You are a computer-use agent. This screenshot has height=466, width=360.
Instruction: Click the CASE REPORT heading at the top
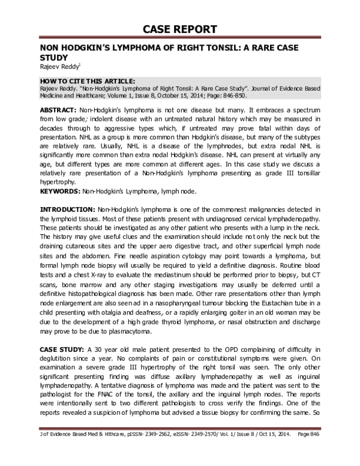[179, 29]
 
